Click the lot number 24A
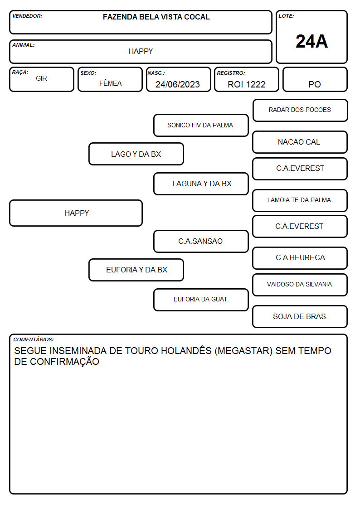click(311, 41)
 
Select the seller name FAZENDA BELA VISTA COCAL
click(156, 17)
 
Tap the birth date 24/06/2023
click(178, 84)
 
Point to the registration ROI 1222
click(247, 84)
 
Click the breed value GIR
click(41, 78)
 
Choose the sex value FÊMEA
click(110, 83)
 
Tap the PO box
click(315, 79)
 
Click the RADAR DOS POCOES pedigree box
click(300, 111)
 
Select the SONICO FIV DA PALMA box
click(201, 125)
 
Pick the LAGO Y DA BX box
click(136, 154)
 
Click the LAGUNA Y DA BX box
click(201, 184)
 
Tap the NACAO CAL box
click(300, 142)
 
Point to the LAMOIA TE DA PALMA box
click(300, 200)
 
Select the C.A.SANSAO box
click(201, 241)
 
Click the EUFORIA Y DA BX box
click(136, 270)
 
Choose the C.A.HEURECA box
click(300, 258)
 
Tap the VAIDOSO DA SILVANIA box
click(300, 285)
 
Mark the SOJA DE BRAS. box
click(300, 316)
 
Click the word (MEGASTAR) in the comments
click(243, 351)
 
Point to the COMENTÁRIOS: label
click(34, 339)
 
